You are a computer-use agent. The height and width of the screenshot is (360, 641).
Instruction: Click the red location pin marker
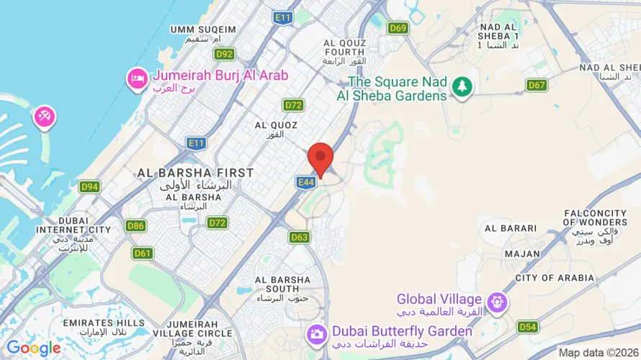pyautogui.click(x=320, y=158)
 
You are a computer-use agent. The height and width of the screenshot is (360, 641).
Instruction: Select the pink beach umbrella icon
pyautogui.click(x=43, y=117)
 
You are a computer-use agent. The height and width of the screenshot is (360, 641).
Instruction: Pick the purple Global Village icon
pyautogui.click(x=497, y=302)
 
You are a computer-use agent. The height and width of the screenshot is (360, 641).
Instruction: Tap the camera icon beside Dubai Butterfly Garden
pyautogui.click(x=315, y=333)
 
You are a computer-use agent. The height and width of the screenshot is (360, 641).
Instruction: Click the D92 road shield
pyautogui.click(x=225, y=54)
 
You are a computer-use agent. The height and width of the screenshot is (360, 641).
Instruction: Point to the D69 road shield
pyautogui.click(x=398, y=28)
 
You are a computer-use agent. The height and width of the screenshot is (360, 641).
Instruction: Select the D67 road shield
pyautogui.click(x=537, y=85)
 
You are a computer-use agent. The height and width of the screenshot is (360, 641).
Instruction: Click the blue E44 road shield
pyautogui.click(x=305, y=183)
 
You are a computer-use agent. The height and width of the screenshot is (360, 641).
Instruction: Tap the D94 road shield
pyautogui.click(x=89, y=187)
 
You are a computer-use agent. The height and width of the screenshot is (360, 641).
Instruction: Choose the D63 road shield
pyautogui.click(x=300, y=237)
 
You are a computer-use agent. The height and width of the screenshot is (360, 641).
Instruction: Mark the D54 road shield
pyautogui.click(x=528, y=327)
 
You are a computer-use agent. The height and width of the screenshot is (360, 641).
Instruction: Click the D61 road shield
pyautogui.click(x=143, y=253)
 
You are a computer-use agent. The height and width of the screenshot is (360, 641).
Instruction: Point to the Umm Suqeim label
pyautogui.click(x=203, y=30)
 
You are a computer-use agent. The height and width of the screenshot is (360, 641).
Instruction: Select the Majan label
pyautogui.click(x=522, y=253)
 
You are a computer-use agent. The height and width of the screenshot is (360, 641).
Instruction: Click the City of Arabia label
pyautogui.click(x=555, y=278)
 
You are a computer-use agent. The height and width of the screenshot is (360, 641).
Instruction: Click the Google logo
pyautogui.click(x=34, y=348)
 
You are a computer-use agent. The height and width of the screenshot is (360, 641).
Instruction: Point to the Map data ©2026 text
pyautogui.click(x=598, y=352)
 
